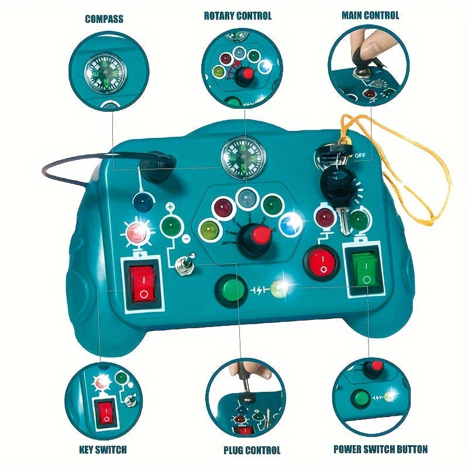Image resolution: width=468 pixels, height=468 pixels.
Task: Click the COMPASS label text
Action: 104,19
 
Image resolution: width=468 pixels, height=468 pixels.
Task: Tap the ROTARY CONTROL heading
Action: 238,16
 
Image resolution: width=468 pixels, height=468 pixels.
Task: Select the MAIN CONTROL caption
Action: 370,15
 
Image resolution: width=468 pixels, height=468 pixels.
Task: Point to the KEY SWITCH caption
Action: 103,450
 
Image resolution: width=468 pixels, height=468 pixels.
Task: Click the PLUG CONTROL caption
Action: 252,450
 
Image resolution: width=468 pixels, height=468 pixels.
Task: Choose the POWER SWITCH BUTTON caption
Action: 381,449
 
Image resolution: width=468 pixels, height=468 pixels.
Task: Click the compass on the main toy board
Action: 243,158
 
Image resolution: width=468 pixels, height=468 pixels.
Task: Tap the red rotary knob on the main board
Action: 260,235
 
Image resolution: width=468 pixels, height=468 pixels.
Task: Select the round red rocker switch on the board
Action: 321,263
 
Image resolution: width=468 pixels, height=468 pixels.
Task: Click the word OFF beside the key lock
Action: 360,156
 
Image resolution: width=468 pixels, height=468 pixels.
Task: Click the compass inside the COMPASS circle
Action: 105,73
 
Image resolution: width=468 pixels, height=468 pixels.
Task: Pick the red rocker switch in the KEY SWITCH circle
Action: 106,412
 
